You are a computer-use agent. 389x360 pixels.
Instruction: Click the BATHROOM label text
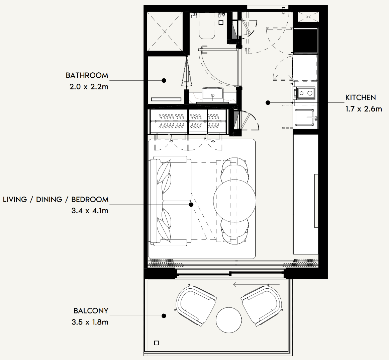click(x=87, y=75)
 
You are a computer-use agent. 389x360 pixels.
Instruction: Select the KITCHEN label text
click(x=361, y=98)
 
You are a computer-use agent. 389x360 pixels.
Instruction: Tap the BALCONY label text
click(x=91, y=311)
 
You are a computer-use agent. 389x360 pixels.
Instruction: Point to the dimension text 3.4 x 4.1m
click(x=90, y=211)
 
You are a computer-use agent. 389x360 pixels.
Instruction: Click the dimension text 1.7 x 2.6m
click(x=364, y=109)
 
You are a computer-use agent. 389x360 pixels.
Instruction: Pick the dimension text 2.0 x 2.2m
click(x=89, y=87)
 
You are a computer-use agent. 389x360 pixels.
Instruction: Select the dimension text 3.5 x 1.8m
click(x=90, y=322)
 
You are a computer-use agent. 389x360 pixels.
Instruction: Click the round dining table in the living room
click(x=234, y=201)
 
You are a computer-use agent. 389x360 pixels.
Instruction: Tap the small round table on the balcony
click(x=228, y=320)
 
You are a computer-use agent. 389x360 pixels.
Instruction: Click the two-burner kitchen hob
click(x=304, y=93)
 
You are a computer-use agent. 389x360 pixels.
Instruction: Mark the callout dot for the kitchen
click(x=268, y=102)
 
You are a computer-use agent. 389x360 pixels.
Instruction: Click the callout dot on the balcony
click(x=164, y=316)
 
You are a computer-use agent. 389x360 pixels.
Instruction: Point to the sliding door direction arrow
click(x=256, y=284)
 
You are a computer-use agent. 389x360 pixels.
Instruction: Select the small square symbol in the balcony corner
click(x=157, y=343)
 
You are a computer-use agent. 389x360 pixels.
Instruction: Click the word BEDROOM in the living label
click(x=90, y=200)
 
